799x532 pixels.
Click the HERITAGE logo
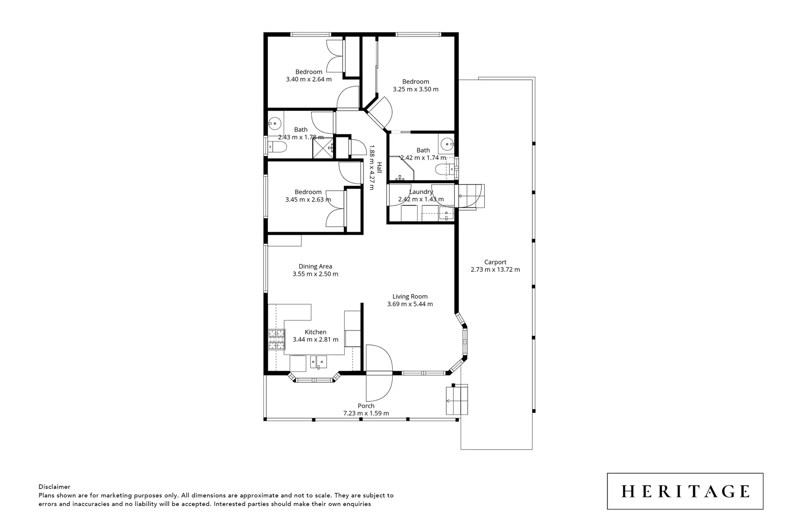click(x=685, y=491)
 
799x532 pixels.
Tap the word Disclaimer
click(x=54, y=487)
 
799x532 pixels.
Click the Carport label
click(x=495, y=262)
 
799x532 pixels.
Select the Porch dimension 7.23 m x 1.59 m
click(x=366, y=413)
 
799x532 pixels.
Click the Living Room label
click(x=410, y=297)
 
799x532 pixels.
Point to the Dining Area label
click(x=315, y=266)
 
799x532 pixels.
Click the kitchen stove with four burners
click(x=276, y=340)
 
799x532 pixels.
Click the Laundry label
click(x=421, y=192)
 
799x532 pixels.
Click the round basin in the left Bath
click(x=275, y=123)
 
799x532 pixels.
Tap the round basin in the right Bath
click(x=447, y=144)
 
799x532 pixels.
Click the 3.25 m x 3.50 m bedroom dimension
click(x=415, y=89)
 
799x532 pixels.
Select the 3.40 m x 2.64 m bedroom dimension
click(x=309, y=79)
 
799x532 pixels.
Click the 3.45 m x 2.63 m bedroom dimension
click(x=308, y=199)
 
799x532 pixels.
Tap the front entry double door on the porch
click(x=379, y=373)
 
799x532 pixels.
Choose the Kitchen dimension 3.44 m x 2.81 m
click(x=315, y=339)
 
